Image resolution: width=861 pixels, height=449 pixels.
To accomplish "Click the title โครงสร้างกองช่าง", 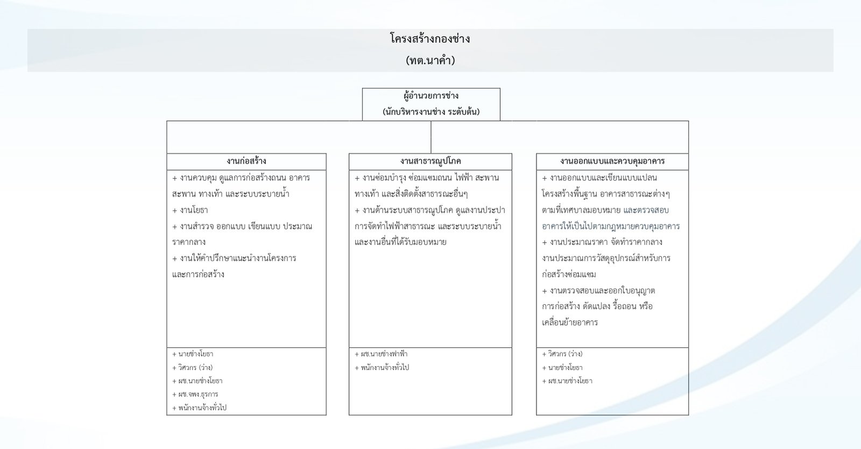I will [x=430, y=39].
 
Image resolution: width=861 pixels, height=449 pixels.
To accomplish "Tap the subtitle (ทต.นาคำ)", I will [x=430, y=60].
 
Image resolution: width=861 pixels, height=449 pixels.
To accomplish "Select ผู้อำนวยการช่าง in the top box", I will [x=431, y=96].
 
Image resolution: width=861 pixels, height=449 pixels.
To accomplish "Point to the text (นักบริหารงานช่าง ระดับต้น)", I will [x=431, y=112].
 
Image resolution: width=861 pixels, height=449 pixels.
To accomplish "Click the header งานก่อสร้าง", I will [x=246, y=161].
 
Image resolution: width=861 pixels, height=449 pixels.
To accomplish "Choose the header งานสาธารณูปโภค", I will [x=430, y=161].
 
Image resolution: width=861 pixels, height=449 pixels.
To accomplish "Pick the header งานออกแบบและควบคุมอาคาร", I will [x=612, y=161].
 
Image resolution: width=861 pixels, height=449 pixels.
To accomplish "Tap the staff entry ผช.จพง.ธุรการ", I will [x=195, y=394].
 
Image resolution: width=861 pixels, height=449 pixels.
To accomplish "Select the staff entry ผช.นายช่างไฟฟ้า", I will [x=381, y=354].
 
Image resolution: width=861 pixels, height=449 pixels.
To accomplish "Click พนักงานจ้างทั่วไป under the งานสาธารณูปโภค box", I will [x=382, y=368].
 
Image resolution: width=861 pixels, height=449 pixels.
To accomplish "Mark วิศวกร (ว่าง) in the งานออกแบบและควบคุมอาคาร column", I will [x=562, y=354].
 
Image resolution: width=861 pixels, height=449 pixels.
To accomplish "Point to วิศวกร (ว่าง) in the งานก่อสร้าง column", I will [x=192, y=368].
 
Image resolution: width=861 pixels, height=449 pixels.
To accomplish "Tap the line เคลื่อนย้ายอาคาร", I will [x=570, y=322].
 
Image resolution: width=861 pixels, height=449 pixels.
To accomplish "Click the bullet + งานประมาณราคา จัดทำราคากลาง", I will [x=602, y=242].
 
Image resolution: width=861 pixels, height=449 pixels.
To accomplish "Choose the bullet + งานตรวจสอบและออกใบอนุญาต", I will [x=598, y=291].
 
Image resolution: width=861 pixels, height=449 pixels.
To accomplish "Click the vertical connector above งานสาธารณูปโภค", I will [x=431, y=137].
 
